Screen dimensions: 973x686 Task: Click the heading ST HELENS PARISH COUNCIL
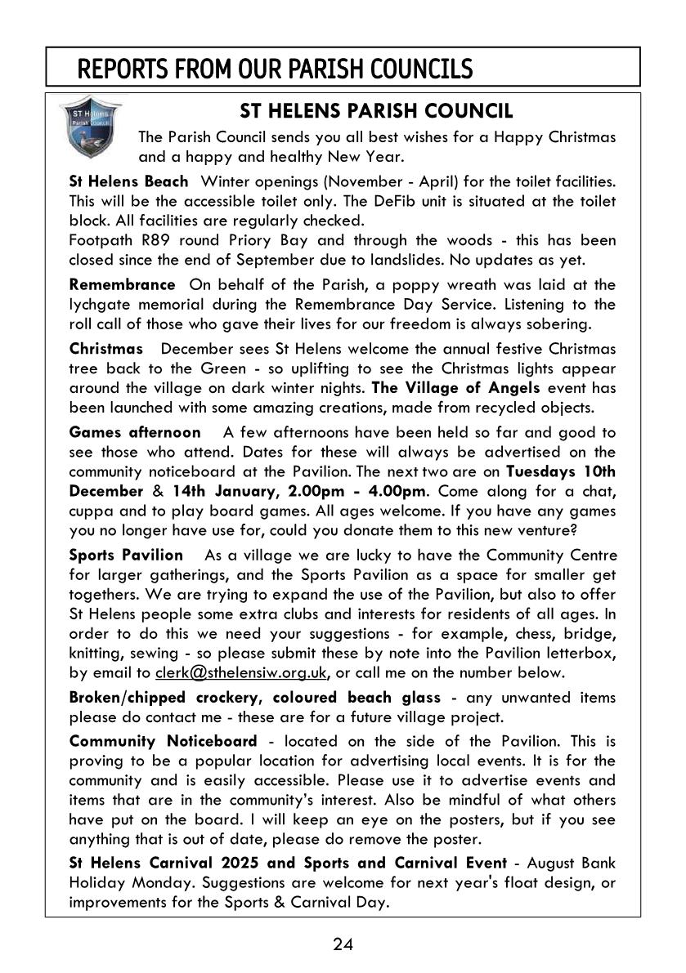tap(376, 110)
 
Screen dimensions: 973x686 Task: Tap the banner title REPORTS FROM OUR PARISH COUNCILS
tap(275, 69)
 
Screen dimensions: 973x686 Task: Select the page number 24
tap(343, 945)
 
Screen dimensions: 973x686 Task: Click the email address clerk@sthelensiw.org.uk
tap(241, 672)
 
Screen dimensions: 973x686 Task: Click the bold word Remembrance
tap(122, 284)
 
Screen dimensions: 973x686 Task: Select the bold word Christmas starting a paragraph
tap(105, 349)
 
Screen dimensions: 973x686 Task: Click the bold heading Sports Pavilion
tap(126, 555)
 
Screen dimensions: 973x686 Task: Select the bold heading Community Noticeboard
tap(163, 741)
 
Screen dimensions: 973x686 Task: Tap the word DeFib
tap(413, 200)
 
